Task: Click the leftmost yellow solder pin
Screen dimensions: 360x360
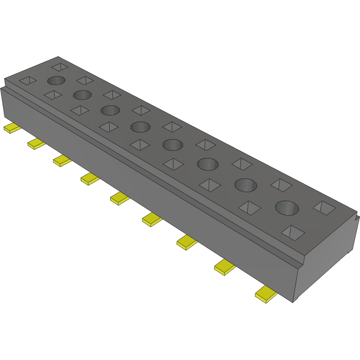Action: (x=12, y=128)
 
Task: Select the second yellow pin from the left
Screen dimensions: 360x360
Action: (x=36, y=143)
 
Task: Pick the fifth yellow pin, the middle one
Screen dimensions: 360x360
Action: (x=120, y=197)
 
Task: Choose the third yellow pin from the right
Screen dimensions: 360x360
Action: (x=187, y=242)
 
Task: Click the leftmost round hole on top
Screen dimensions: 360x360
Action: (x=56, y=80)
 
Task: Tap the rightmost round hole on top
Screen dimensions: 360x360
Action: (x=287, y=208)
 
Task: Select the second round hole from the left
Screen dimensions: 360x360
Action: (x=82, y=94)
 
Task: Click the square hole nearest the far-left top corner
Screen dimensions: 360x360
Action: (x=60, y=67)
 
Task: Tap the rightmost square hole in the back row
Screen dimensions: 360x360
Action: (x=324, y=207)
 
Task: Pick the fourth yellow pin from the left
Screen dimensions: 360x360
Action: (x=90, y=178)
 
